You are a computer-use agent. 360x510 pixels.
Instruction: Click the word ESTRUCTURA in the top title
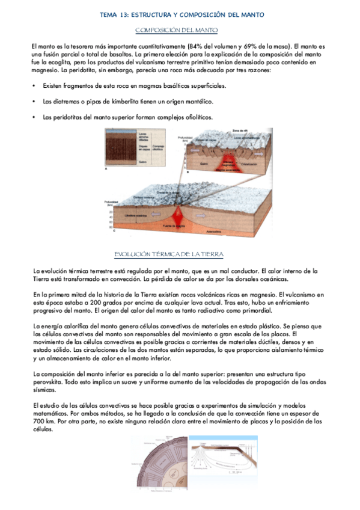click(x=143, y=14)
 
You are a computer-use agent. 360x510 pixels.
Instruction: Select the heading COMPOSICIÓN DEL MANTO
click(x=177, y=29)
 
